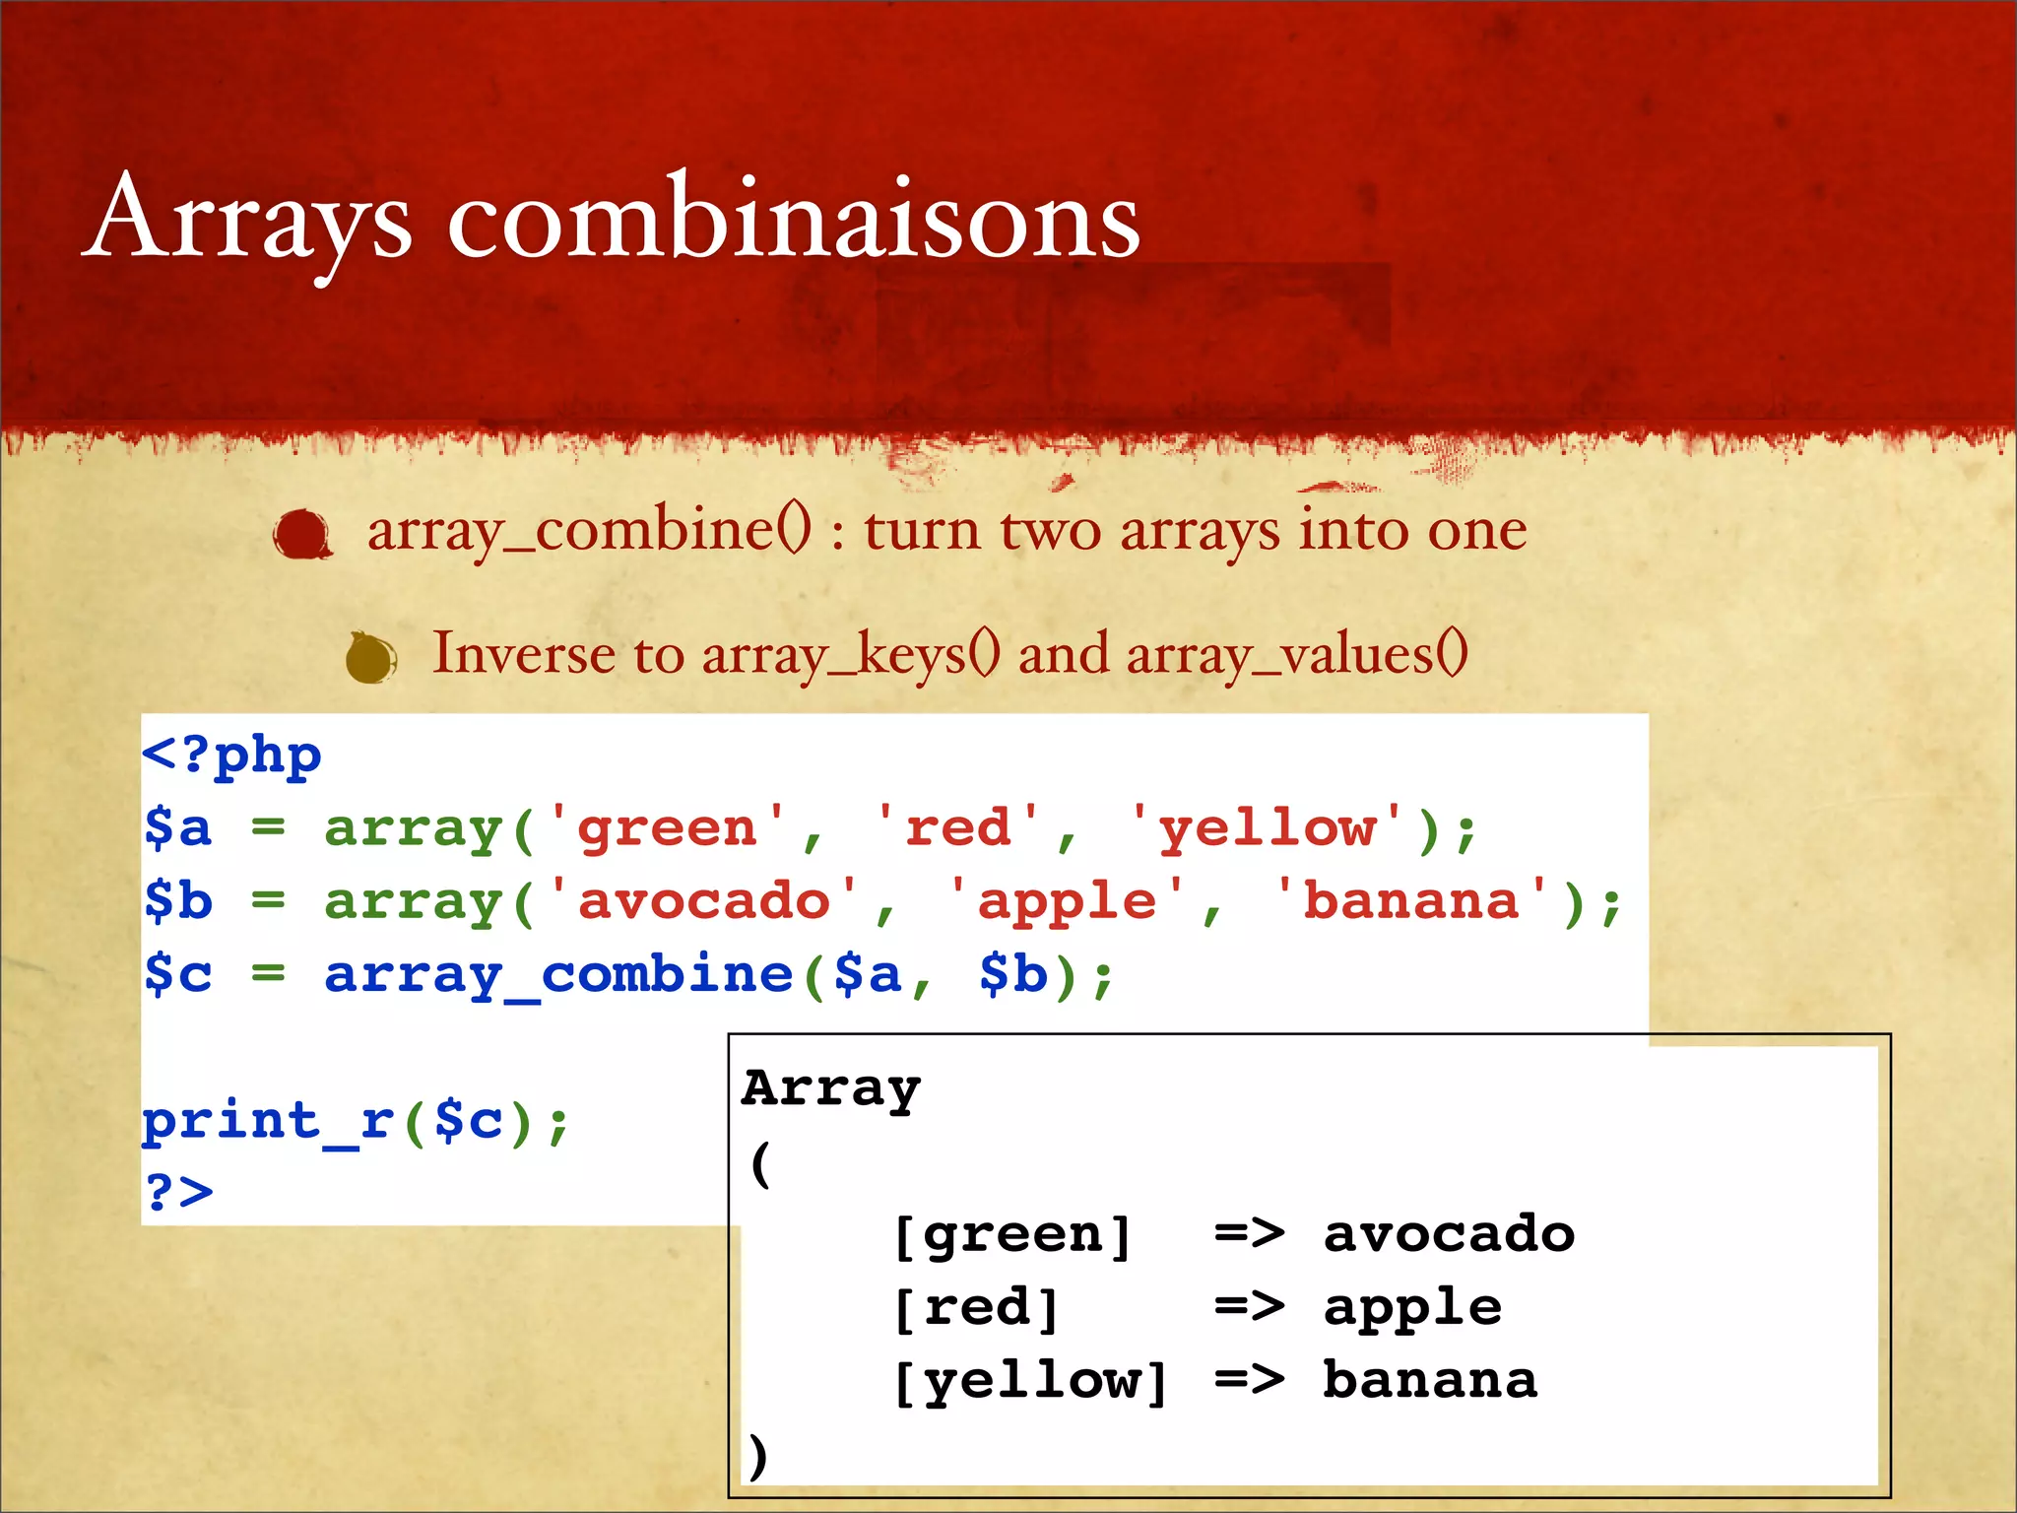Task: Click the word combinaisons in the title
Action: (x=793, y=219)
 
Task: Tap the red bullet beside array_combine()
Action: (x=301, y=534)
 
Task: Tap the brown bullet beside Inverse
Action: (x=370, y=658)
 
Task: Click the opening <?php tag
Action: (x=231, y=756)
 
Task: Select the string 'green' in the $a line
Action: (x=667, y=827)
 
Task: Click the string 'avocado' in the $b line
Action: (x=703, y=901)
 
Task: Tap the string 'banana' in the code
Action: (x=1410, y=901)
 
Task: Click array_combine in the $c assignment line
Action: (x=558, y=975)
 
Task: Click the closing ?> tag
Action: (x=178, y=1192)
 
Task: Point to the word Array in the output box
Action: (x=831, y=1088)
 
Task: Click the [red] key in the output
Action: (x=976, y=1308)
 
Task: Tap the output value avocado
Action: (x=1448, y=1234)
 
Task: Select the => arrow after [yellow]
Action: (x=1249, y=1380)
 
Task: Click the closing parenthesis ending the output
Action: (x=756, y=1454)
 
